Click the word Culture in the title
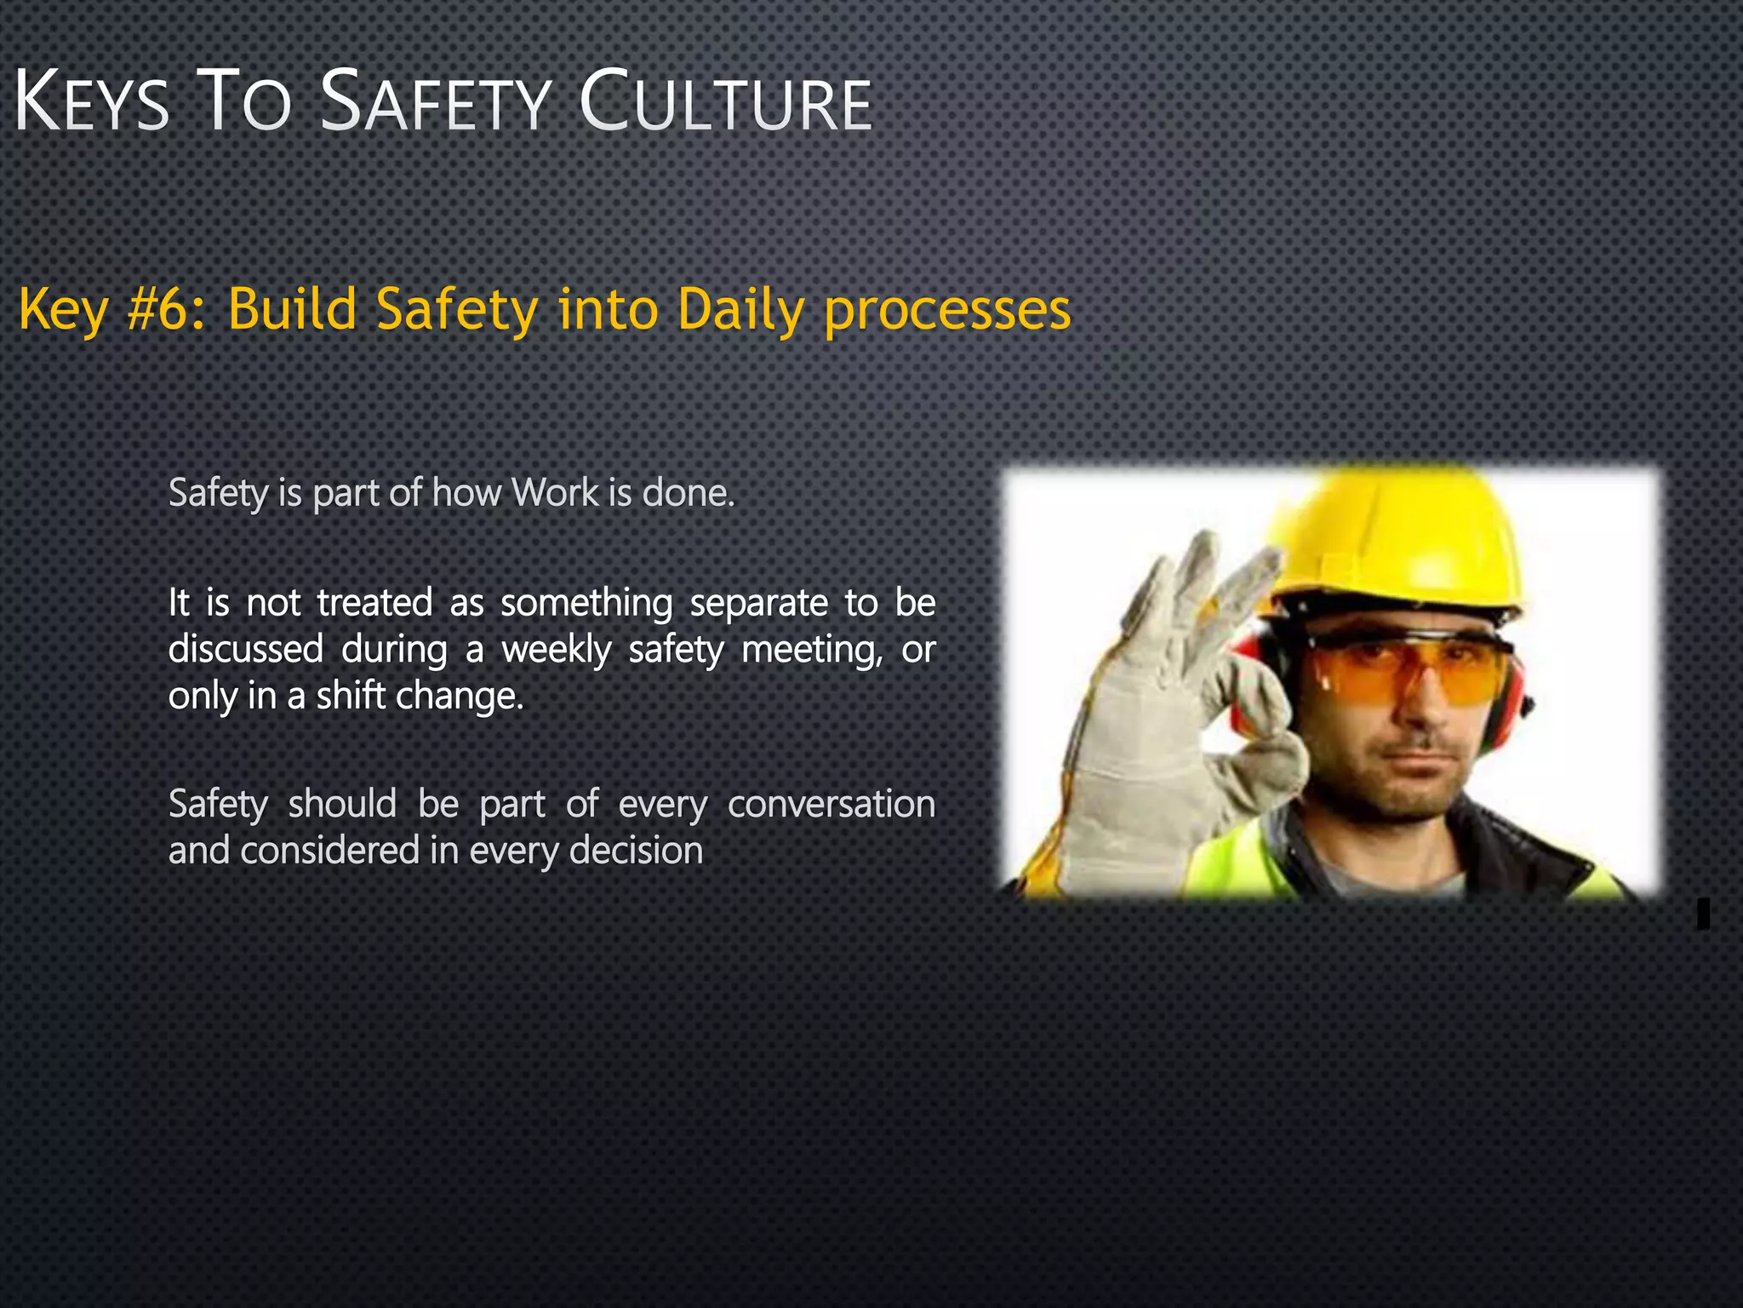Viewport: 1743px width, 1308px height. [x=726, y=104]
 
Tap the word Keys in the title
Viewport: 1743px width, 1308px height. [x=92, y=104]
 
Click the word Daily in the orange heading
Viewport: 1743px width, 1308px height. [x=741, y=309]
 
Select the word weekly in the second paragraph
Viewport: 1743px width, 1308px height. [x=557, y=650]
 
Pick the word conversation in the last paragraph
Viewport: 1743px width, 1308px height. [x=831, y=804]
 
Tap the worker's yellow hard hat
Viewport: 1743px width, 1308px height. [x=1396, y=536]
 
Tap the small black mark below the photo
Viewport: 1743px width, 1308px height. [x=1703, y=913]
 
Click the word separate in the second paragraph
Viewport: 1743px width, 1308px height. [x=758, y=604]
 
